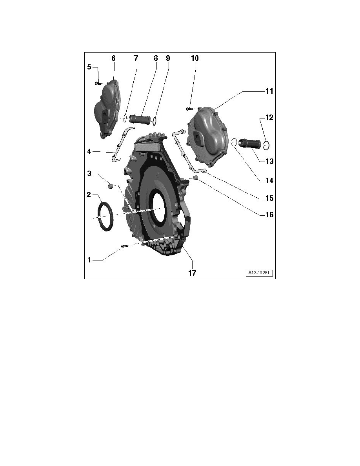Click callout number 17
[192, 273]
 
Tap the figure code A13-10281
[259, 273]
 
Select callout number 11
[269, 91]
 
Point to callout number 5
[89, 67]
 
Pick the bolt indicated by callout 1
[124, 246]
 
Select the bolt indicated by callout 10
[189, 109]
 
